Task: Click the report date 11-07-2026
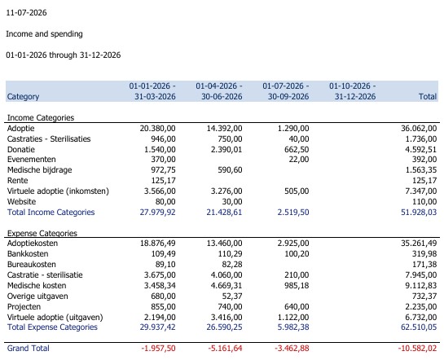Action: (26, 12)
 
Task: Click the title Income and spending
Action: (45, 34)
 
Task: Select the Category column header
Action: (24, 96)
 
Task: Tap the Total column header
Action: (428, 96)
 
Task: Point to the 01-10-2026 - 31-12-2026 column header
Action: (353, 91)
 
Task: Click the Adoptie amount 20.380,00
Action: (157, 129)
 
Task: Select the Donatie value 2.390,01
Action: (226, 149)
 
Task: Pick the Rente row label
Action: (18, 181)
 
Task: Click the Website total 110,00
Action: (424, 201)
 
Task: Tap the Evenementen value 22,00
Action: (299, 160)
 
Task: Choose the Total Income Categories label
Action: (51, 213)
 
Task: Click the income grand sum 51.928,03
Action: (419, 213)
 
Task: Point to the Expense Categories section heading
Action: (42, 233)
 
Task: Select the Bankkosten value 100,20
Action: (297, 254)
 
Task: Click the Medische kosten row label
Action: (37, 286)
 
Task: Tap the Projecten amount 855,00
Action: (163, 307)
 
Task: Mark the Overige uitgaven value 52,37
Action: (232, 296)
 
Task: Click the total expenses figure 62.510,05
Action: (419, 327)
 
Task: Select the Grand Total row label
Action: (29, 348)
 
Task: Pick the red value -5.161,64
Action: (225, 348)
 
